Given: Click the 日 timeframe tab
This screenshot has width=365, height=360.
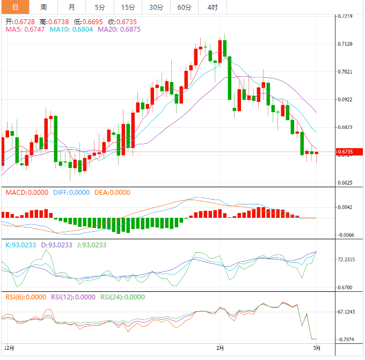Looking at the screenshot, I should tap(14, 7).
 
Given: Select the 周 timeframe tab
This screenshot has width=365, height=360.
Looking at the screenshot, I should tap(43, 7).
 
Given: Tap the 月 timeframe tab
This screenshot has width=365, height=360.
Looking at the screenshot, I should tap(72, 7).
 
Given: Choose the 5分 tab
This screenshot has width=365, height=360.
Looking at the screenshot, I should tap(100, 7).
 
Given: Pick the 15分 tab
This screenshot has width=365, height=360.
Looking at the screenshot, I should tap(128, 7).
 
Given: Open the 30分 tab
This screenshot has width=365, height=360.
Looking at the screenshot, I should tap(156, 7).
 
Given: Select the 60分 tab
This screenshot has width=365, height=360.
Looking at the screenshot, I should tap(184, 7).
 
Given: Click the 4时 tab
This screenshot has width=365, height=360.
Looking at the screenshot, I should tap(212, 7).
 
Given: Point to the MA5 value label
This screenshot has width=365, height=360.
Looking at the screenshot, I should tap(25, 30).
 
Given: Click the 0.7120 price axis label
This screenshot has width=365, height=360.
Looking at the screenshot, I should tap(346, 44).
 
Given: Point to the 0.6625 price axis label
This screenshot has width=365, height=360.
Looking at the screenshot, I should tap(346, 183).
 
